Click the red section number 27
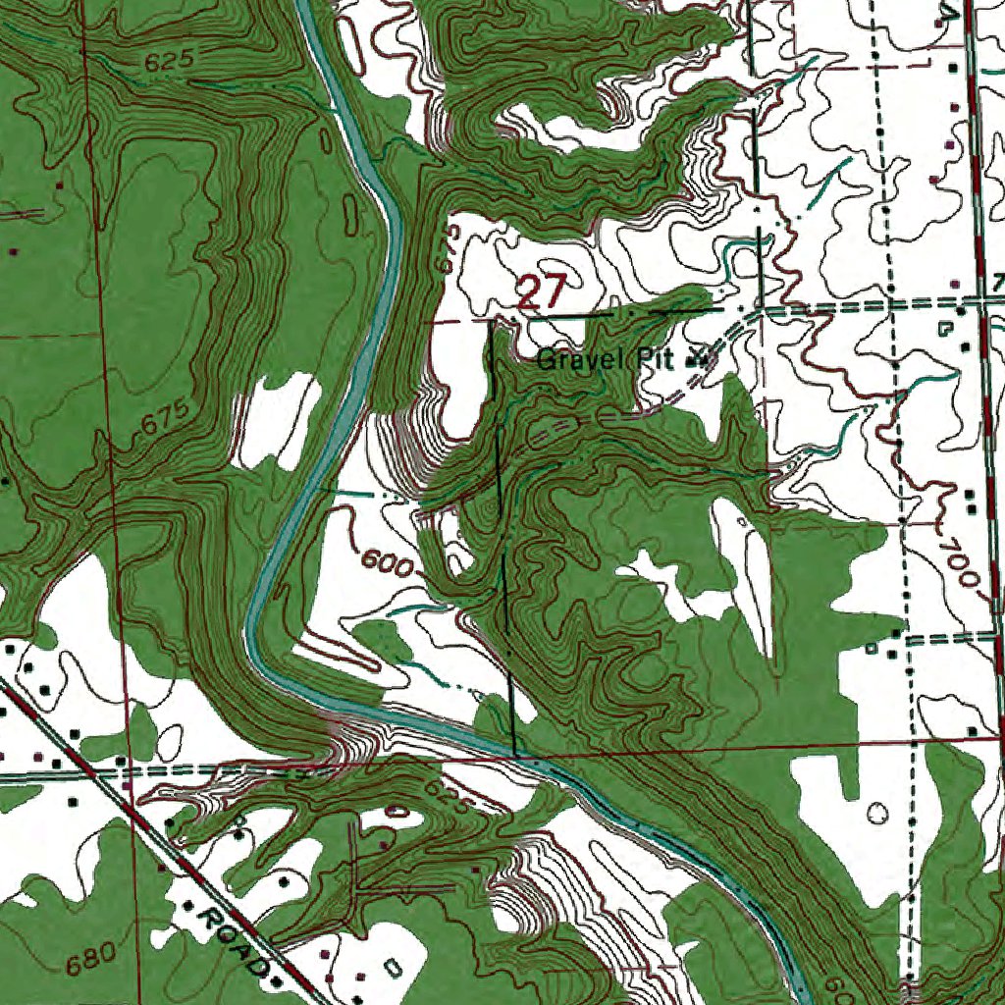coord(542,292)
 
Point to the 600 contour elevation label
coord(386,563)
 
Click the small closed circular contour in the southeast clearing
coord(876,813)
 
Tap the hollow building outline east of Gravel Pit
coord(945,329)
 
